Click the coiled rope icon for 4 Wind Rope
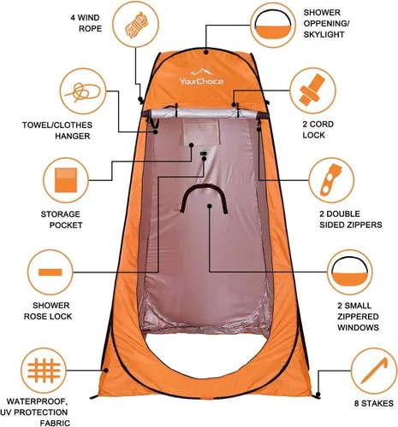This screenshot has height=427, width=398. click(x=137, y=25)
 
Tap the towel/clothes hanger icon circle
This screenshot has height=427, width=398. click(x=83, y=91)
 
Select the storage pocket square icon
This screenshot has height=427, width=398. click(x=66, y=180)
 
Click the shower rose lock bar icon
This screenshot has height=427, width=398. click(x=50, y=272)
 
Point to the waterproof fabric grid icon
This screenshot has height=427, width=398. click(x=44, y=371)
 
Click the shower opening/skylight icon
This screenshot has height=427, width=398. click(x=273, y=25)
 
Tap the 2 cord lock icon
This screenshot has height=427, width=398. click(x=312, y=91)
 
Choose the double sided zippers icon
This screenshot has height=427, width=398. click(x=331, y=180)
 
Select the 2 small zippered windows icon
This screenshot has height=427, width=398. click(x=350, y=272)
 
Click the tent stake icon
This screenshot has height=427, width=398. click(x=374, y=371)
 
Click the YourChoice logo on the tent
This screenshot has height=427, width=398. click(x=201, y=77)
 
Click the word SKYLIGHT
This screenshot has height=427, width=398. click(x=324, y=34)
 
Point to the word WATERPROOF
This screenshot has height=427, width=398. click(x=37, y=401)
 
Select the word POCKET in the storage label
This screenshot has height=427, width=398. click(x=66, y=225)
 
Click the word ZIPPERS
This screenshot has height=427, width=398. click(x=364, y=225)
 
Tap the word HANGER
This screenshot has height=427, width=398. click(x=73, y=136)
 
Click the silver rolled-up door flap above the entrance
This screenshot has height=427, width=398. click(x=204, y=114)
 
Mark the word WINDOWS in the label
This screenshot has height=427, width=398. click(x=358, y=327)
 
